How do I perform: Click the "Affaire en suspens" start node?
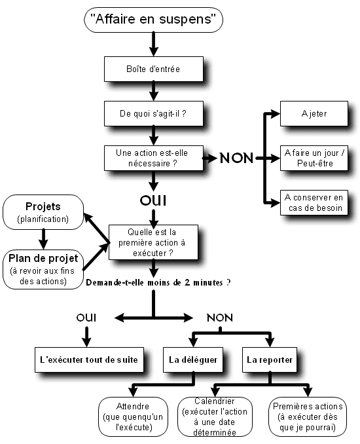click(x=153, y=20)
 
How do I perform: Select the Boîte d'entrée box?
click(x=154, y=69)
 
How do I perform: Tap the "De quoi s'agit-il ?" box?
click(x=154, y=113)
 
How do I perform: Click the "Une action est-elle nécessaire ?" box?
click(x=154, y=158)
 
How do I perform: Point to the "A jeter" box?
click(x=314, y=113)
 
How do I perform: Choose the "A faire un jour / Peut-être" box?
click(x=314, y=158)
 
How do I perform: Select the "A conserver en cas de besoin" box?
click(x=314, y=202)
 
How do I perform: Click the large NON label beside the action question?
click(x=236, y=158)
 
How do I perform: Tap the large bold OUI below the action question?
click(x=153, y=200)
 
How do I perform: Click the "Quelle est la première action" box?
click(x=153, y=242)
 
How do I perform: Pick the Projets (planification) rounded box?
click(x=43, y=212)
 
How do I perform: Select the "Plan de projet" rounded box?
click(x=43, y=269)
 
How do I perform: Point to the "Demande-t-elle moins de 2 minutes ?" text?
click(x=158, y=283)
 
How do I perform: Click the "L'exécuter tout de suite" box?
click(x=89, y=360)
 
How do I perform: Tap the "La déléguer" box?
click(x=193, y=360)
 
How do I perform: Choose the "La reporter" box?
click(x=270, y=360)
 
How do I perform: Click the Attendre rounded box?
click(x=133, y=416)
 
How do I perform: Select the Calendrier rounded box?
click(x=215, y=416)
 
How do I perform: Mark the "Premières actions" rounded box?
click(x=308, y=416)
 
